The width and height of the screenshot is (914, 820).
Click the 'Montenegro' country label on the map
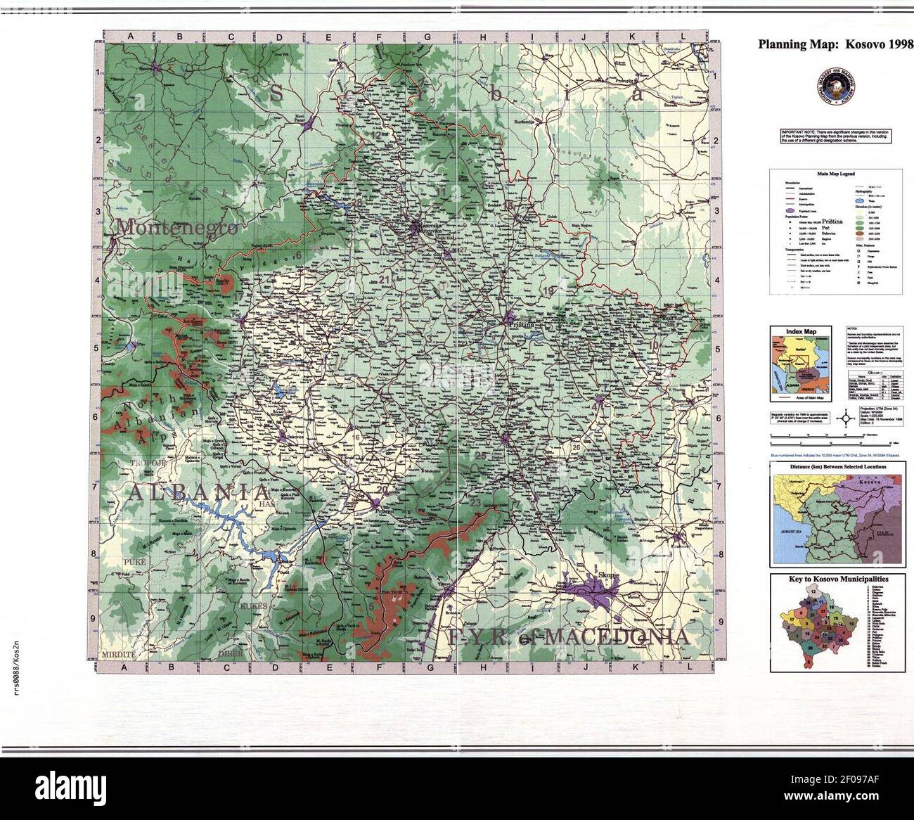coord(176,228)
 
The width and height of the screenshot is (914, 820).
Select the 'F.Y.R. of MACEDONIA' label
coord(567,637)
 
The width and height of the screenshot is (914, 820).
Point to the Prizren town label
coord(383,513)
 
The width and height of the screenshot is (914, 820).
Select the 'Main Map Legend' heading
coord(834,172)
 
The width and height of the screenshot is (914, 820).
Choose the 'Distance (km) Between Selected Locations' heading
coord(836,466)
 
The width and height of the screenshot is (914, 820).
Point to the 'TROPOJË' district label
coord(146,463)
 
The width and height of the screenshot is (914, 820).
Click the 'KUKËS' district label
coord(253,606)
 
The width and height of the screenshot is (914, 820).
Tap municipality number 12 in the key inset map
coord(813,593)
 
